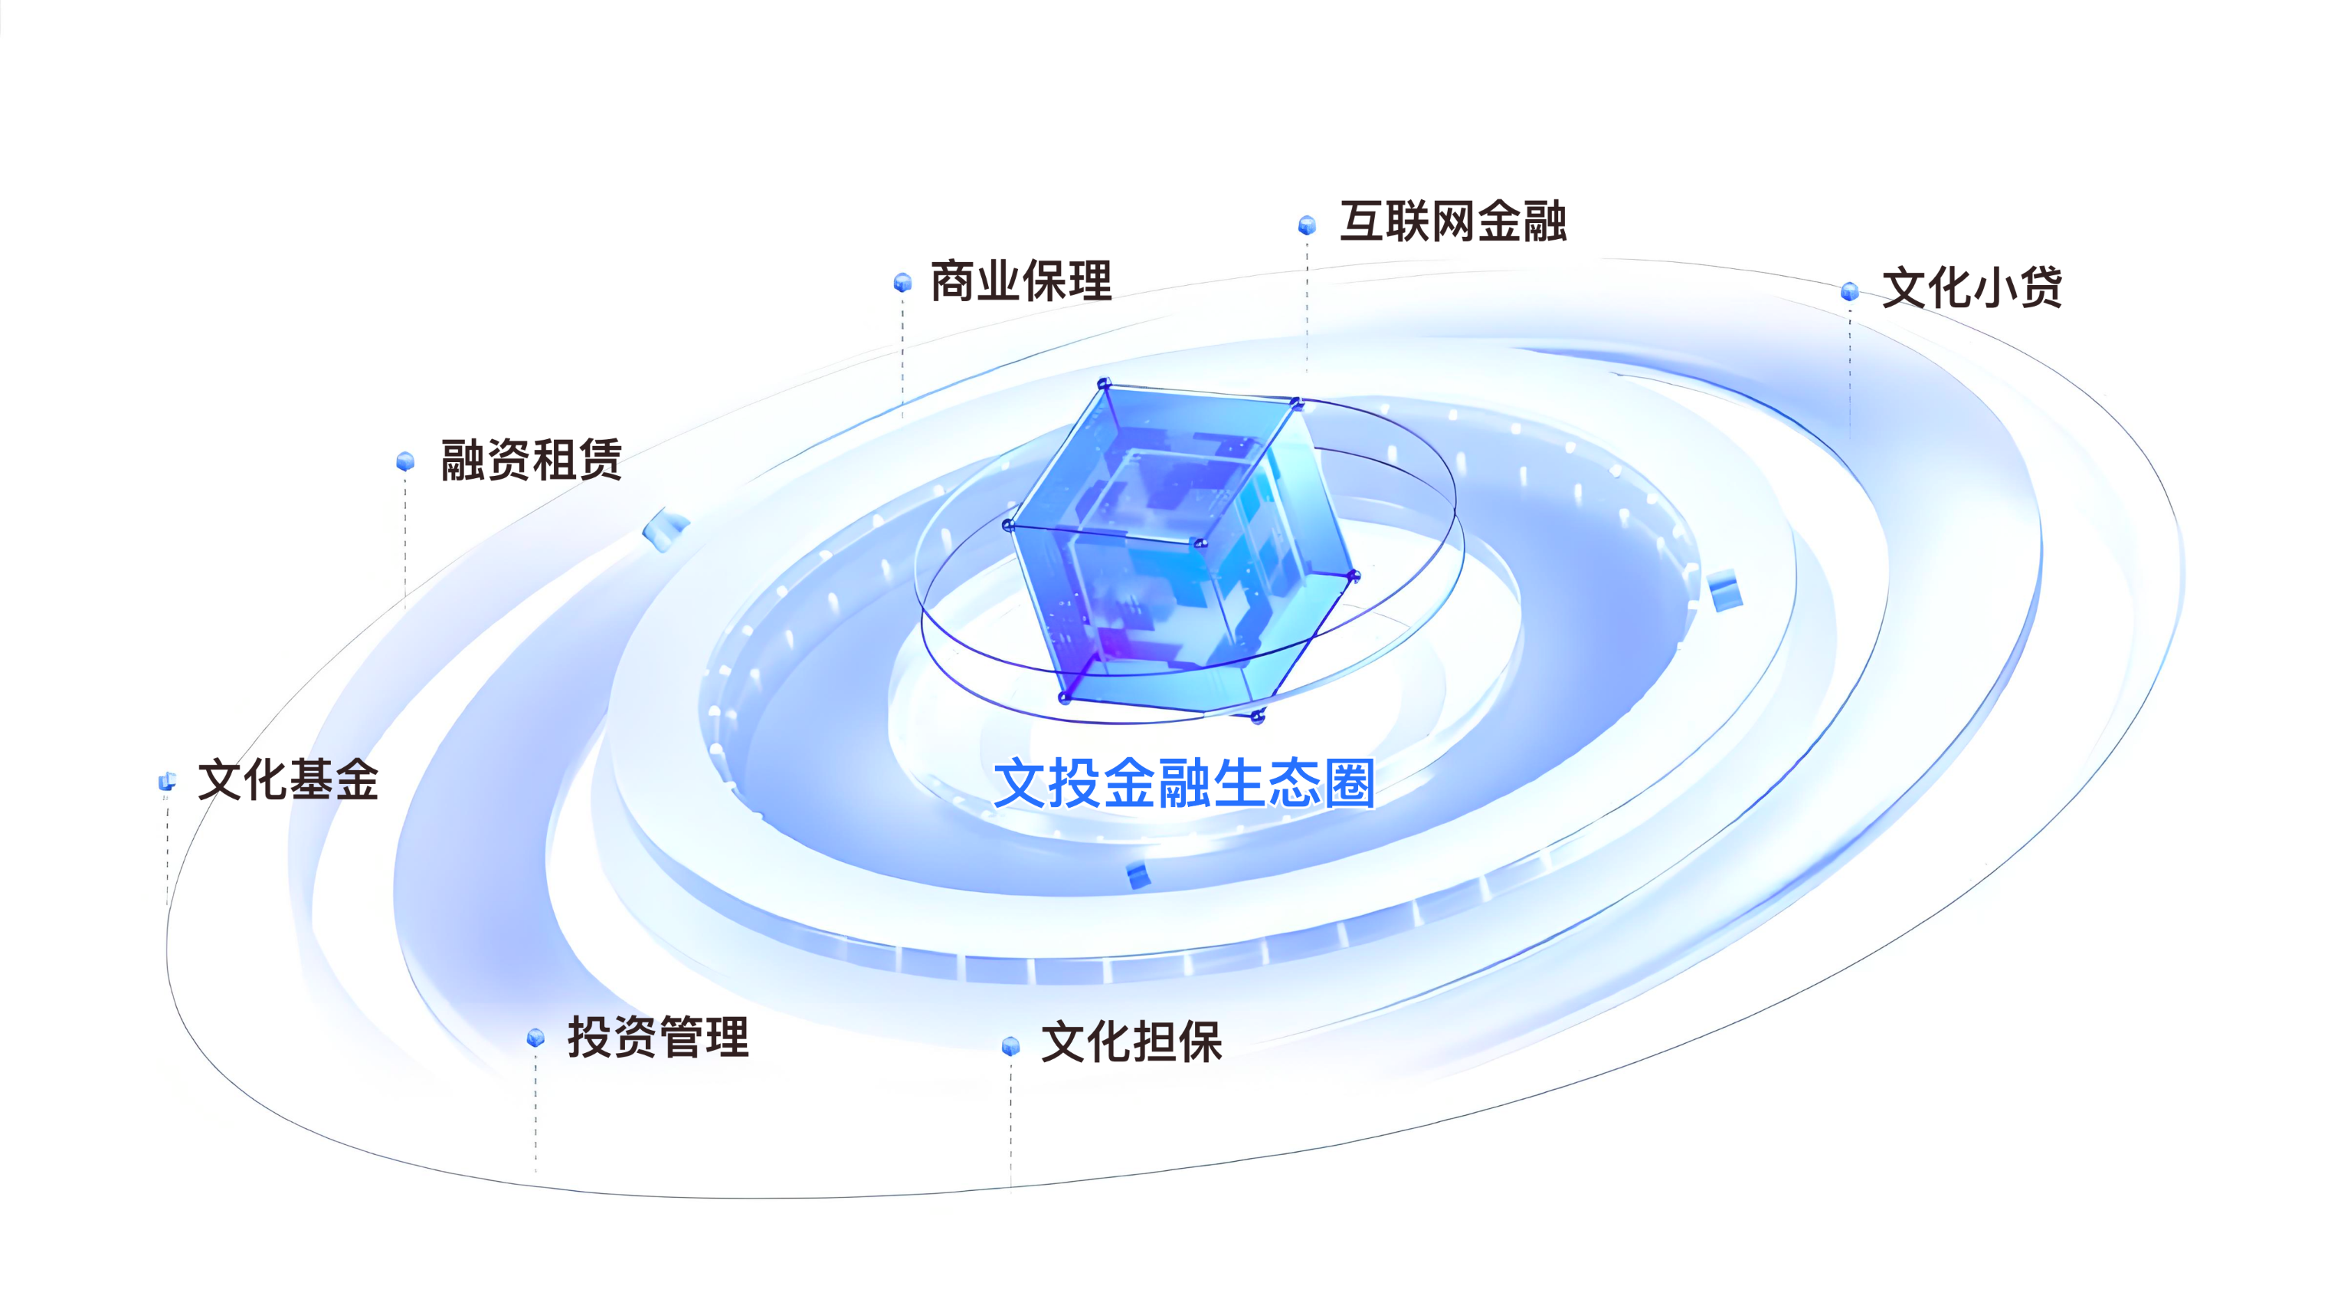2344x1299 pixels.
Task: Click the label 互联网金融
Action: [x=1453, y=222]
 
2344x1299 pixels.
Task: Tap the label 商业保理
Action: [x=1021, y=280]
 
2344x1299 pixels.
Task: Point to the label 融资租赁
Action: [x=532, y=459]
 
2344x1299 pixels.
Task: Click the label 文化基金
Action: [x=287, y=780]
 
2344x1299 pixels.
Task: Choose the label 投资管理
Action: [x=658, y=1037]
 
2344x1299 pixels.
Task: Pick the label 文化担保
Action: [x=1131, y=1042]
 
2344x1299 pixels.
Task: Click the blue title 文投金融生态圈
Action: [x=1183, y=783]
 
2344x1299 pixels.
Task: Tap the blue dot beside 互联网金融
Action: [x=1308, y=225]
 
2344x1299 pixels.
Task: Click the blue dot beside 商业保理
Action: [x=902, y=282]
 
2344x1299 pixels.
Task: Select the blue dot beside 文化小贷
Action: [x=1850, y=291]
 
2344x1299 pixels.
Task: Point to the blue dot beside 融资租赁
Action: [x=406, y=461]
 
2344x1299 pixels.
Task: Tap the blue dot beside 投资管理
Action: [x=536, y=1038]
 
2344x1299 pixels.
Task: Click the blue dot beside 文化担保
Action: [x=1011, y=1046]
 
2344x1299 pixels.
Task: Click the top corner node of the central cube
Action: [x=1104, y=383]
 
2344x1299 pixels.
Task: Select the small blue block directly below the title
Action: [x=1138, y=874]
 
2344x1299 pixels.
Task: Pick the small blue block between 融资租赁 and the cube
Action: [x=665, y=530]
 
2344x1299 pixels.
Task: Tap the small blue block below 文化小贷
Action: [x=1724, y=591]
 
